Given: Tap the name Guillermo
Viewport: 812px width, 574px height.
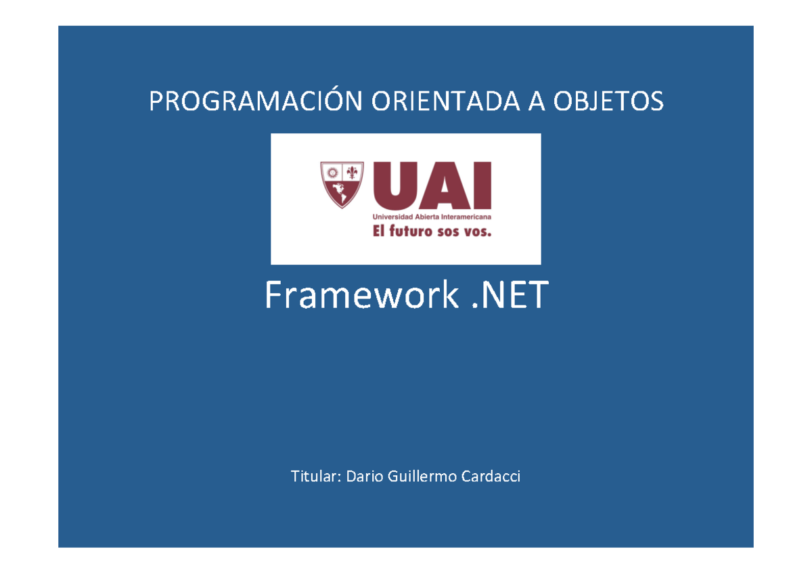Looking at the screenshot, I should (x=421, y=477).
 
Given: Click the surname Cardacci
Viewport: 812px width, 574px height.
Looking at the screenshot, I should (x=492, y=477).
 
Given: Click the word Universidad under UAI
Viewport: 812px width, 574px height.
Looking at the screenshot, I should (x=390, y=217).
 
